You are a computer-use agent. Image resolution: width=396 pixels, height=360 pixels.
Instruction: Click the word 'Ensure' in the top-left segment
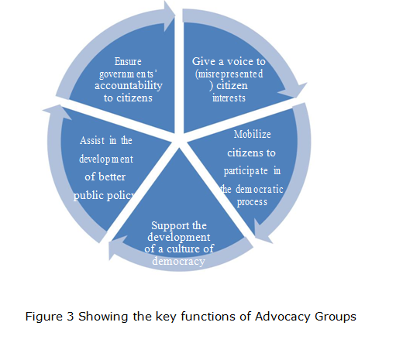pos(128,61)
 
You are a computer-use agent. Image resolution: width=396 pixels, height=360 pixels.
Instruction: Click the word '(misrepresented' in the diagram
pos(229,74)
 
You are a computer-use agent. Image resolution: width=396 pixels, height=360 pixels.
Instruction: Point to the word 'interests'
pos(229,98)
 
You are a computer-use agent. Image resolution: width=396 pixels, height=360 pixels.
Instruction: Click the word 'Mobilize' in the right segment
pos(253,133)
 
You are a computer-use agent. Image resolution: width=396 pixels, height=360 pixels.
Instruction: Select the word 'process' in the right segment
pos(253,201)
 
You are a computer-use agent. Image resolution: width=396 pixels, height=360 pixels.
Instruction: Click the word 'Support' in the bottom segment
pos(161,225)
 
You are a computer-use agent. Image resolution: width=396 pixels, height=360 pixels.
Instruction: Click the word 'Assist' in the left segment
pos(92,140)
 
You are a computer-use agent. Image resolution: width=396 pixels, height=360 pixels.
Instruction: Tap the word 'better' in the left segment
pos(112,177)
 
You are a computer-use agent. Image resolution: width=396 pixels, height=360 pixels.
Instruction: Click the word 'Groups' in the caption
pos(336,317)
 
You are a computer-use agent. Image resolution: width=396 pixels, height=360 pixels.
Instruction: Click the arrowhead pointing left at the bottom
pos(115,249)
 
